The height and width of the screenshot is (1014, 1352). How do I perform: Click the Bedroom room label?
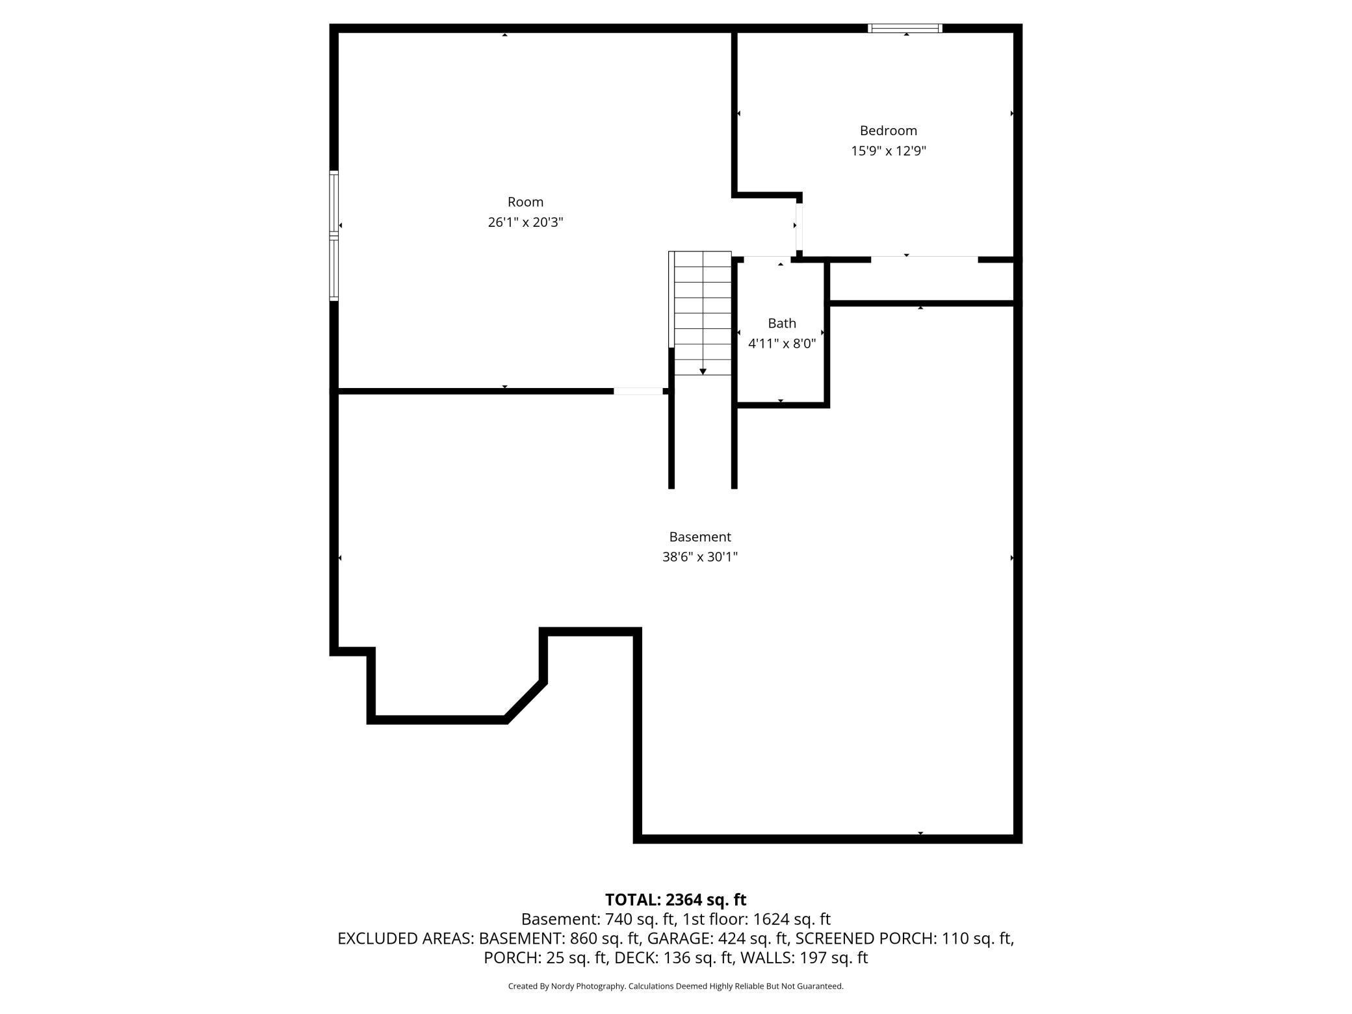[888, 131]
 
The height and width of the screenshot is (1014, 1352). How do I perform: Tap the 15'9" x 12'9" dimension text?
[888, 151]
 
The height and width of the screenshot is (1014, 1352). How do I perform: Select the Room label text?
[525, 202]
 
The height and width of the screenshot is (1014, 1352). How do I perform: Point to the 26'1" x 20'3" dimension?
[525, 222]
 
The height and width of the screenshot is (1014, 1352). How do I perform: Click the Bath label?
[781, 323]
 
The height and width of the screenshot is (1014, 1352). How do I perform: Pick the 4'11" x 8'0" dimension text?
[781, 343]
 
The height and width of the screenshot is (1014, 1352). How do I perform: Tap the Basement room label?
[700, 537]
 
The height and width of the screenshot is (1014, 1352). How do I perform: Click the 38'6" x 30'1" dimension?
[700, 557]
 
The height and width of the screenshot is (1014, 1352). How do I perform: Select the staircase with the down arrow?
[702, 312]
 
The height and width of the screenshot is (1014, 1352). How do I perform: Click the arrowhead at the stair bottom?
[703, 371]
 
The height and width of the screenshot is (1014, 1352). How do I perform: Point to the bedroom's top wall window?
[905, 28]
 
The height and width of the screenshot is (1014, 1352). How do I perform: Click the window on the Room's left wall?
[334, 235]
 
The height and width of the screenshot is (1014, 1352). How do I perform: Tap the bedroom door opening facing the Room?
[799, 226]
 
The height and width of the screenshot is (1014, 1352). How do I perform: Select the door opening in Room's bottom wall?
[638, 391]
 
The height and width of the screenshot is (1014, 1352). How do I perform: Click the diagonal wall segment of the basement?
[525, 700]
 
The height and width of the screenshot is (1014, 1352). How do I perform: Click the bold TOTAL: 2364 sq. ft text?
[675, 900]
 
